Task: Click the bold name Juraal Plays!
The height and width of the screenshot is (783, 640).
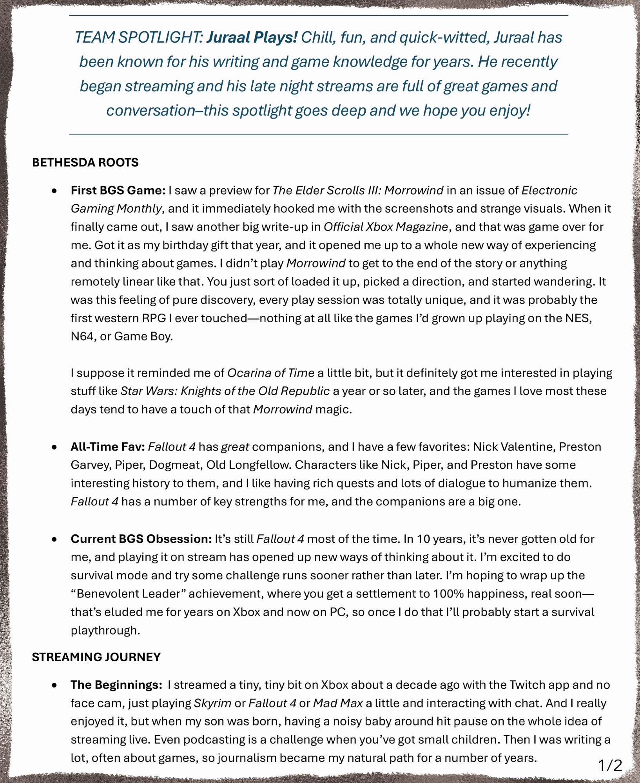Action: tap(252, 38)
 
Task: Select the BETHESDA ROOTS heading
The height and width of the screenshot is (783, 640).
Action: tap(85, 162)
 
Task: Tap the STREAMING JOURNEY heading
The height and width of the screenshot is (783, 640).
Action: tap(96, 657)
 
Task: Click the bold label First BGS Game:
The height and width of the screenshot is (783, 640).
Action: tap(118, 190)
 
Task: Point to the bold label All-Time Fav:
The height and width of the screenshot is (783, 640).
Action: tap(108, 447)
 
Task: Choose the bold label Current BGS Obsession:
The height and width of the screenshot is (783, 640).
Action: tap(141, 539)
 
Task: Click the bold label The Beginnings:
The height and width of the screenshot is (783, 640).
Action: tap(116, 685)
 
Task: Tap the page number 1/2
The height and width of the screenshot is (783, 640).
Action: tap(610, 765)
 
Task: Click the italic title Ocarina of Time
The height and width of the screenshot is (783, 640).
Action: tap(271, 373)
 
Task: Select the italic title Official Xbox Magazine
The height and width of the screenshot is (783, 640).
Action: tap(386, 227)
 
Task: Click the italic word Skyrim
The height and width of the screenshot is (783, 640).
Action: tap(213, 703)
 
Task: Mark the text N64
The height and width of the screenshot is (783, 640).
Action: tap(82, 336)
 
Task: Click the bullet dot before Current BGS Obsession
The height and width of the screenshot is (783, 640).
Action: tap(54, 539)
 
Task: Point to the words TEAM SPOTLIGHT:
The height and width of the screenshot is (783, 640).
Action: tap(139, 38)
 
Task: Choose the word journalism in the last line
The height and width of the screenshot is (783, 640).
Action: tap(247, 758)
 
